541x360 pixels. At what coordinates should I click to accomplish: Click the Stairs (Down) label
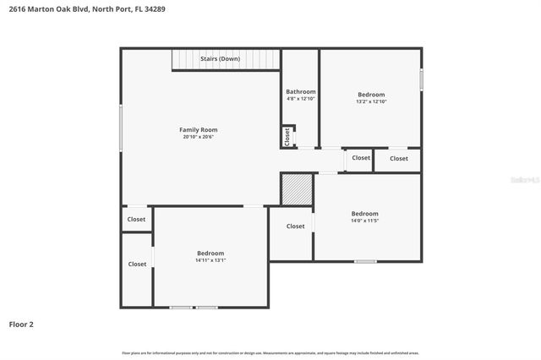(x=220, y=59)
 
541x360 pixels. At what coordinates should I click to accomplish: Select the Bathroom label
(x=300, y=91)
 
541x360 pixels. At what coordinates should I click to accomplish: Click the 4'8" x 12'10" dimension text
(x=300, y=99)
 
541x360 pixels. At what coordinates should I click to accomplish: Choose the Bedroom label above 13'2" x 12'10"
(x=371, y=94)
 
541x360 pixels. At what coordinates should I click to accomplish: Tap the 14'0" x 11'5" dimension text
(x=365, y=221)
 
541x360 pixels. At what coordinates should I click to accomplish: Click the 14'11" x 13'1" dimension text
(x=210, y=260)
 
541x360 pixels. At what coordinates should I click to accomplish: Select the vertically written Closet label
(x=287, y=137)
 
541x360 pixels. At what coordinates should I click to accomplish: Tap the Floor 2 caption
(x=21, y=324)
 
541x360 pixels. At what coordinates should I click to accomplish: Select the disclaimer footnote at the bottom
(x=270, y=352)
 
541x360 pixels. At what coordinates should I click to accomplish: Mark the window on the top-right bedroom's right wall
(x=421, y=79)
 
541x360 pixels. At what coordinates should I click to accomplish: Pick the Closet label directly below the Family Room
(x=136, y=220)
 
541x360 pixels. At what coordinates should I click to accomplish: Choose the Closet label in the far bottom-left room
(x=137, y=264)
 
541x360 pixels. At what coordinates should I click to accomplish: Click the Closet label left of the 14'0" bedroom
(x=295, y=226)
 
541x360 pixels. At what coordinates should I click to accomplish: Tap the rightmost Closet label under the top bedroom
(x=398, y=158)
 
